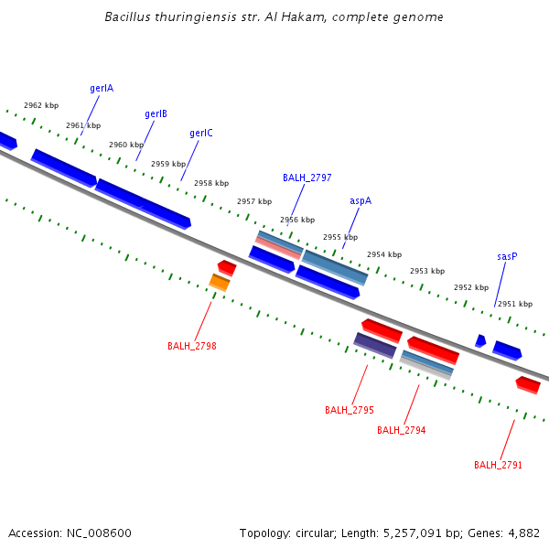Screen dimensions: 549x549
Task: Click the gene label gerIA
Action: click(x=102, y=89)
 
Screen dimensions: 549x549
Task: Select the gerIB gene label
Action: click(x=156, y=114)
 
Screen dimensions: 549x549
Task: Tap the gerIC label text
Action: click(x=201, y=134)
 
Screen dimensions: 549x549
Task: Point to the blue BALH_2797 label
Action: click(x=307, y=178)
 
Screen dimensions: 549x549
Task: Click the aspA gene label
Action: click(x=361, y=200)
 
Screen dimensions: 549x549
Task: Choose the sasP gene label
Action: click(x=507, y=257)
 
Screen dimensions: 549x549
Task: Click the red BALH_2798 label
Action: click(x=192, y=346)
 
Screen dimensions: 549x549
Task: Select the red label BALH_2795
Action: click(x=350, y=410)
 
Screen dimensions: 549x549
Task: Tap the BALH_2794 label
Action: click(x=401, y=430)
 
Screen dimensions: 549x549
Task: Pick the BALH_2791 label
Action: click(x=498, y=465)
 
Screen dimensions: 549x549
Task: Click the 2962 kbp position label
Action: click(x=41, y=106)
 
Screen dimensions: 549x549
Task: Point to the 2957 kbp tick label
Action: click(x=254, y=201)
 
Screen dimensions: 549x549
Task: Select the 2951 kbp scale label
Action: click(x=515, y=304)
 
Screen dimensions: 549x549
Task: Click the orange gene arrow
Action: click(x=220, y=282)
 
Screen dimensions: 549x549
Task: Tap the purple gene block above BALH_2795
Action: click(x=375, y=345)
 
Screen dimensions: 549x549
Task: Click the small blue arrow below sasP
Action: click(x=480, y=340)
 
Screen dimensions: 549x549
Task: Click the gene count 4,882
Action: click(x=522, y=533)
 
